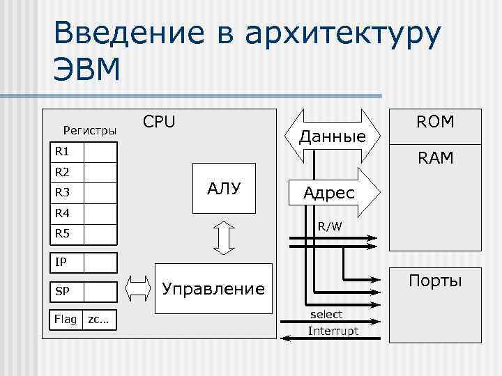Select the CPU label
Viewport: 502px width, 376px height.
tap(159, 122)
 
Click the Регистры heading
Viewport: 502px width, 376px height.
tap(90, 130)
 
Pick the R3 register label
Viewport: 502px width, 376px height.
tap(63, 192)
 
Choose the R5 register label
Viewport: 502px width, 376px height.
tap(63, 233)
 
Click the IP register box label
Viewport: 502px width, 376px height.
tap(61, 262)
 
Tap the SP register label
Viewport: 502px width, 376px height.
tap(62, 290)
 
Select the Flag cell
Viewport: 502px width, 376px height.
tap(66, 319)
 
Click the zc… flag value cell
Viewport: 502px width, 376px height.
tap(99, 319)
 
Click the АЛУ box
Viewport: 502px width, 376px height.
tap(225, 187)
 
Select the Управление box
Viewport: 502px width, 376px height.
tap(213, 288)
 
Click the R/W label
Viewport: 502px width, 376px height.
tap(330, 226)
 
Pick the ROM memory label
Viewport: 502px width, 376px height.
tap(435, 123)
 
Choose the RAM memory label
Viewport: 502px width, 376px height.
tap(435, 159)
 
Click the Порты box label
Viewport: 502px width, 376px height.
tap(435, 281)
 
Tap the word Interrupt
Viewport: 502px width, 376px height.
tap(333, 330)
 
